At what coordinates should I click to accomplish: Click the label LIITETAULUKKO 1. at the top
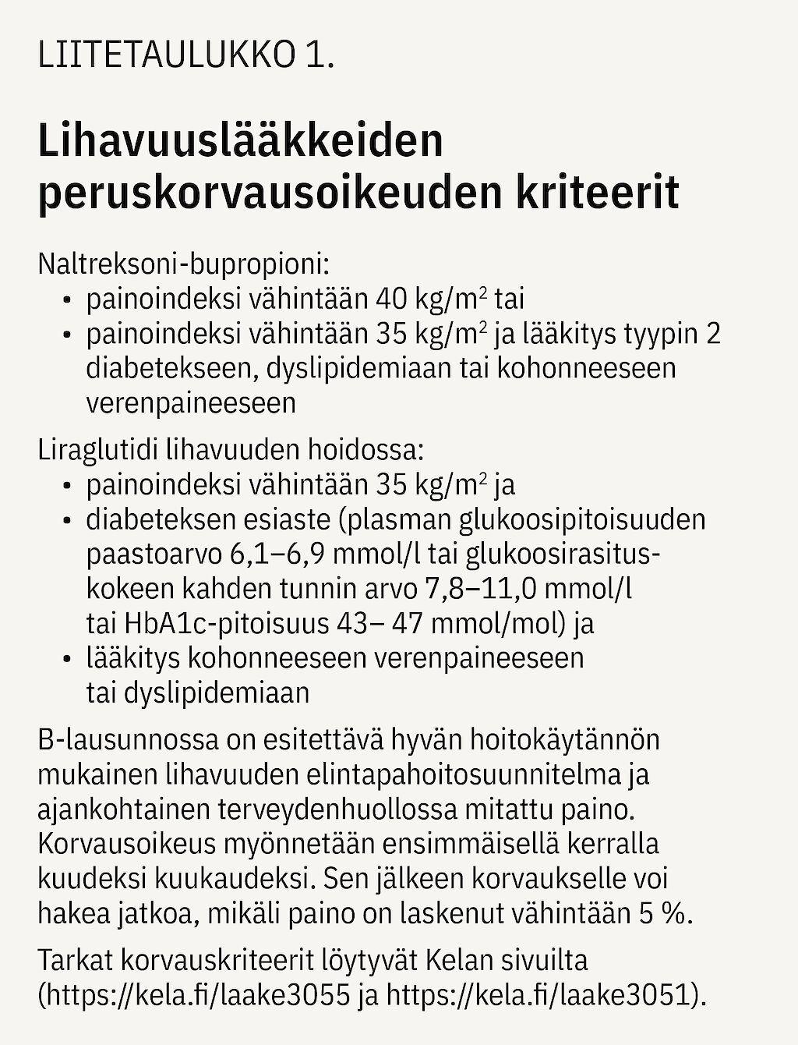185,58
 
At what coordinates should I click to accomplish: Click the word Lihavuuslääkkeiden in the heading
240,141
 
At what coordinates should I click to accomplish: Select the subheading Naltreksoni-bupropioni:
184,264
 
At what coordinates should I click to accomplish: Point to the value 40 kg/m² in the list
432,299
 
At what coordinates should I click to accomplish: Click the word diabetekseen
170,368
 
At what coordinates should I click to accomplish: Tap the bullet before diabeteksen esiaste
68,520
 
